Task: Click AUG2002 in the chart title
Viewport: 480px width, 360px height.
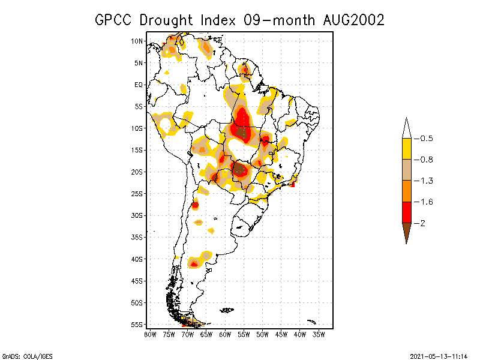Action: point(351,20)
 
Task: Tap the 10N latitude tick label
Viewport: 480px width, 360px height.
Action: point(137,41)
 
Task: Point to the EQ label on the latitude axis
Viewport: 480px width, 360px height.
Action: point(138,85)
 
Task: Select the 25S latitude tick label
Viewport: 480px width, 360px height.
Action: point(137,193)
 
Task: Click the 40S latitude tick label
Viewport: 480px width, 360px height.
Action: point(137,259)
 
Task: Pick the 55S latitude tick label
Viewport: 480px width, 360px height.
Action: point(137,324)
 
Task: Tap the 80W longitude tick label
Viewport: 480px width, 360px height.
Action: point(149,334)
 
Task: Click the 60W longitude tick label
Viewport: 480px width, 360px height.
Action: point(225,334)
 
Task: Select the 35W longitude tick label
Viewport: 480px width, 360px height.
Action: point(319,334)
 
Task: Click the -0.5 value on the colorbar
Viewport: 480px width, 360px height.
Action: point(425,139)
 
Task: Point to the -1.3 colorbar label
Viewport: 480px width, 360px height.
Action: point(425,181)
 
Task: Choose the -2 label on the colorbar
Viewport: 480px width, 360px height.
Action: point(422,223)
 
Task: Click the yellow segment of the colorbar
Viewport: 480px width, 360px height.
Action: point(406,149)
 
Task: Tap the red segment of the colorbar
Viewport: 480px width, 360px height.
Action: point(406,212)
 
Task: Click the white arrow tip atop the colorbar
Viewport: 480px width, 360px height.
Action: point(406,129)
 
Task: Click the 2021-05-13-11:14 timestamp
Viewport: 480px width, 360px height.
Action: point(438,355)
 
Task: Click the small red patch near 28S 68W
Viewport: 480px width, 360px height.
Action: point(196,205)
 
